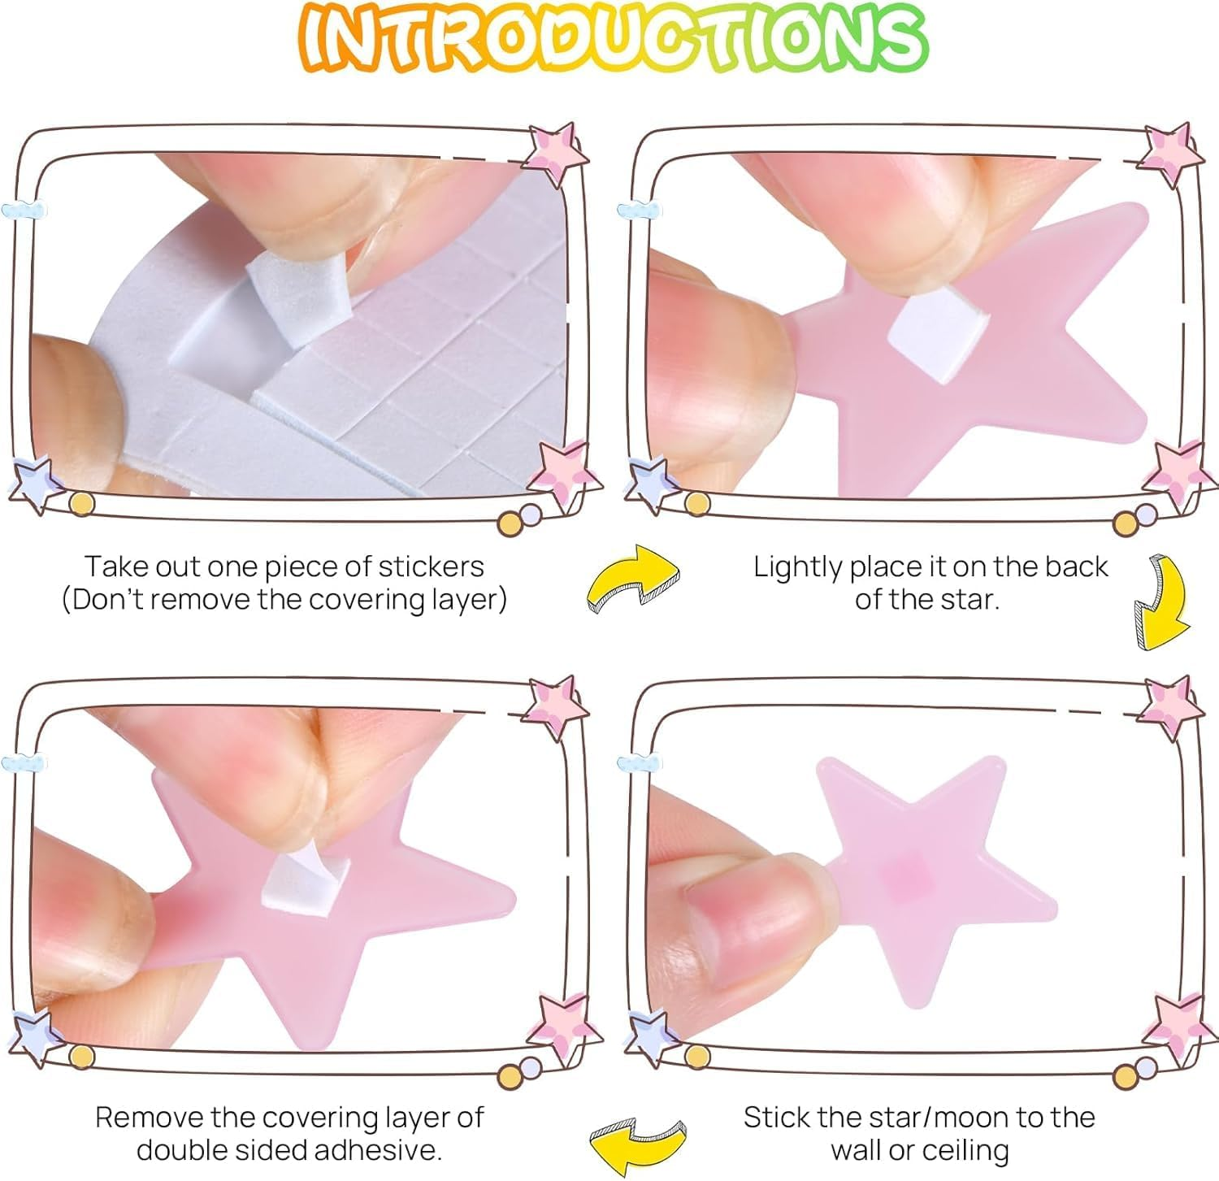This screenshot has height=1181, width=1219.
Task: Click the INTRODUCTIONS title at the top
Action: coord(614,38)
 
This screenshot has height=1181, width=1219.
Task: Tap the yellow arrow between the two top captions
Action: coord(632,578)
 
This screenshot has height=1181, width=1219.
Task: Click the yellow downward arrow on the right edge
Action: coord(1160,602)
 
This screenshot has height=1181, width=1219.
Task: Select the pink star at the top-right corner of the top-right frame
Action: coord(1171,154)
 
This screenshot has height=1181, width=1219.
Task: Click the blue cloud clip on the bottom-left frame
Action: coord(22,763)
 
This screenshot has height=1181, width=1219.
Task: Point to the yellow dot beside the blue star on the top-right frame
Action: coord(696,504)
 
